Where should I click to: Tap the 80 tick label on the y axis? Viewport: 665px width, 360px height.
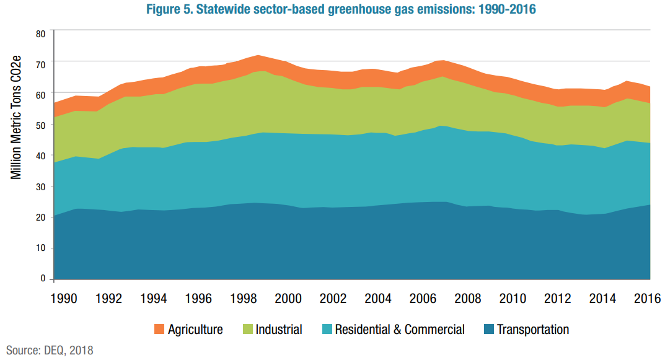pos(40,33)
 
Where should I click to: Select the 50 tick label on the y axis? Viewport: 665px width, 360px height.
pos(40,125)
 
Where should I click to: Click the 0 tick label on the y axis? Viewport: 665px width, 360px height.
pos(43,279)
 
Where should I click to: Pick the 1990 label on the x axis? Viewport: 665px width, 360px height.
pos(64,299)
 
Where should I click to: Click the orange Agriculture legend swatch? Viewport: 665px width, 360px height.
pos(159,330)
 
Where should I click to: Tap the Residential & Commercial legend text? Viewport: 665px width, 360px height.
pos(400,330)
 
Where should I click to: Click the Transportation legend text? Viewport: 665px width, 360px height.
pos(533,330)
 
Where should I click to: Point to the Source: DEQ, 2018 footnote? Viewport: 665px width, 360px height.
pos(50,351)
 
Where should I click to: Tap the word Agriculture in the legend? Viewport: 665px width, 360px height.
pos(195,330)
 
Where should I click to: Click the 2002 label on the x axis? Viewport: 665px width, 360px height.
pos(333,299)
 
